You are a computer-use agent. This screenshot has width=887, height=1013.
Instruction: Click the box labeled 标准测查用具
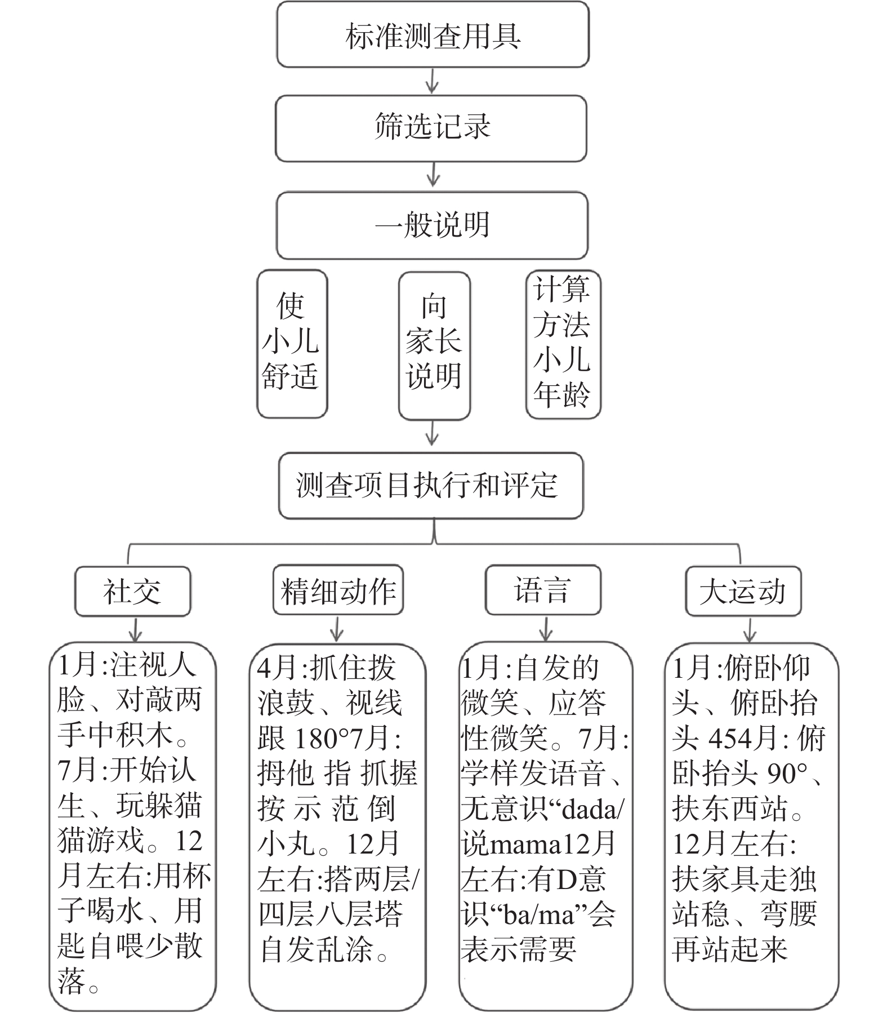[433, 35]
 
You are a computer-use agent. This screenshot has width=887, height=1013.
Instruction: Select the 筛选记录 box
[431, 128]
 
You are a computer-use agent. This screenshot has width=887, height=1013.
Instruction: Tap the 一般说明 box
[432, 225]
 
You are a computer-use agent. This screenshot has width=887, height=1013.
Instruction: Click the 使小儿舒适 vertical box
[292, 344]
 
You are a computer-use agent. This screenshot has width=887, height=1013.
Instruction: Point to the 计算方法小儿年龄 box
[563, 344]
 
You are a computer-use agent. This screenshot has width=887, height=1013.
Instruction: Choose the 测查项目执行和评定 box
[431, 485]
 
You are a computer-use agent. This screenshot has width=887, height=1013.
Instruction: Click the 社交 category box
[132, 591]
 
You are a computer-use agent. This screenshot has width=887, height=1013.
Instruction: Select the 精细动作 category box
[338, 590]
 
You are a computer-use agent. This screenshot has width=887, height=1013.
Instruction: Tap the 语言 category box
[543, 590]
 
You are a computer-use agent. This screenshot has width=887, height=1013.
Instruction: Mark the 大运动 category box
[743, 591]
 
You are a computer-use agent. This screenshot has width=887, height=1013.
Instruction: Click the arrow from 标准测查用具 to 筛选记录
[432, 81]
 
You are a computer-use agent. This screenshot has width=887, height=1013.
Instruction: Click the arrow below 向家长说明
[432, 434]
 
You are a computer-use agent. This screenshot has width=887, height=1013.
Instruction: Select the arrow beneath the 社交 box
[134, 629]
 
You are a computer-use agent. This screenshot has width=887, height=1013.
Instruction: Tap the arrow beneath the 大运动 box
[749, 629]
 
